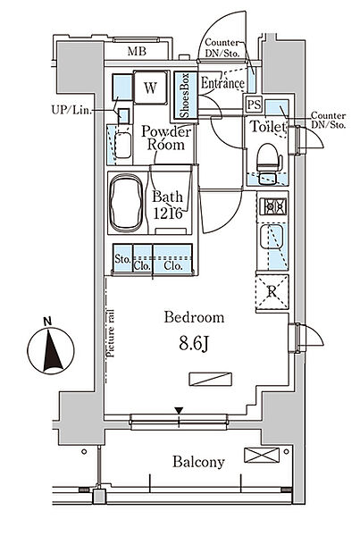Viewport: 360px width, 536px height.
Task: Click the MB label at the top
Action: pos(137,51)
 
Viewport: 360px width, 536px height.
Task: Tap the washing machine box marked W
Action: pos(151,88)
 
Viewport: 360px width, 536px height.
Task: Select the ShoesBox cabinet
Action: pos(186,95)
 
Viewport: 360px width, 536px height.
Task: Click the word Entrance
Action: pos(222,83)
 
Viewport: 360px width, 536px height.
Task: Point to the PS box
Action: pos(254,105)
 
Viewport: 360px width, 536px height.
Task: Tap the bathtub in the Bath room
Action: pos(126,202)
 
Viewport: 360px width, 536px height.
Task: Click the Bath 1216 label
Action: pos(168,205)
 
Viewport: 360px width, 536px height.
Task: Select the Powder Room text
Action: pos(166,138)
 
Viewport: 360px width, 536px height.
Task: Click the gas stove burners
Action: pos(272,206)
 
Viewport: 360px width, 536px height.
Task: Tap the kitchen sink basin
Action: pos(271,237)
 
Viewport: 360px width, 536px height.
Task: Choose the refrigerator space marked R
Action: pos(272,291)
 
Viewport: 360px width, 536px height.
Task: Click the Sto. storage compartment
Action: pos(122,258)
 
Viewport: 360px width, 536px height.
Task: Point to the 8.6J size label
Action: pos(194,344)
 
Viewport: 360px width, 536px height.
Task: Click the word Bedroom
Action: pos(194,317)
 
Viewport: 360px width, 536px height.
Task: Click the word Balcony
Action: pos(198,462)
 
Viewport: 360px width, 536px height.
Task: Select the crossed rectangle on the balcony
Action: pos(262,455)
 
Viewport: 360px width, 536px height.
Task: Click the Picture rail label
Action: pos(110,333)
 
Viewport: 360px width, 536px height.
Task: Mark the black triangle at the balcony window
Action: pos(179,410)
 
